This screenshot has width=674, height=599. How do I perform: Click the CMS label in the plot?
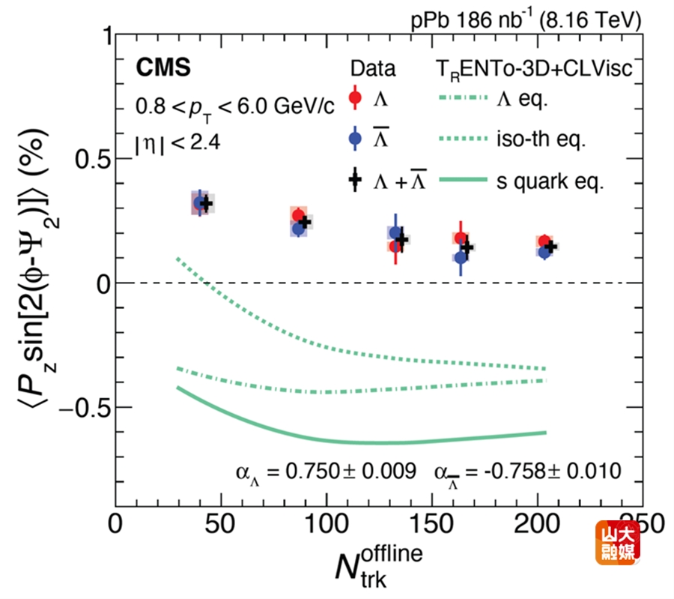click(x=163, y=68)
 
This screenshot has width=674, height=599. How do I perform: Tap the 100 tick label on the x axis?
click(x=327, y=523)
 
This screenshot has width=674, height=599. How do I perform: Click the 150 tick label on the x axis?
click(x=433, y=523)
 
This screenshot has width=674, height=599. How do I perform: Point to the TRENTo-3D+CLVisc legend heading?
click(x=535, y=69)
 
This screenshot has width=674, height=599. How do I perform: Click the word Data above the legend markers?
click(x=374, y=69)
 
